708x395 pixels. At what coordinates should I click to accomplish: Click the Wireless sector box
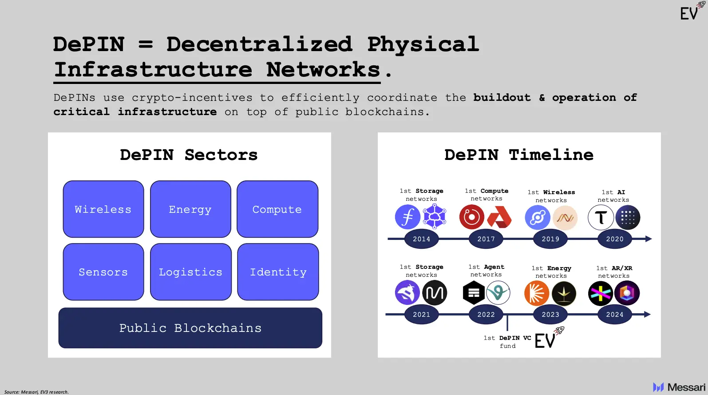(x=103, y=209)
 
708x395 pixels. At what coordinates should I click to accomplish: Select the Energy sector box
(x=190, y=209)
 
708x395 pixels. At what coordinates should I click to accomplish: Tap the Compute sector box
(x=277, y=209)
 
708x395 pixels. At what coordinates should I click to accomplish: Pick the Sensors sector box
(x=103, y=272)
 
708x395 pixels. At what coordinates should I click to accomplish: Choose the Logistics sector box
(x=191, y=272)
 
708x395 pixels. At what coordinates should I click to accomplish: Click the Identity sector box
(x=278, y=272)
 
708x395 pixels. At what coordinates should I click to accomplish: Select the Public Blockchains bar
(x=190, y=328)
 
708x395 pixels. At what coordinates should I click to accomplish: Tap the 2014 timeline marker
(x=421, y=239)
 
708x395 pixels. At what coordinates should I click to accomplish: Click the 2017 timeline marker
(x=486, y=239)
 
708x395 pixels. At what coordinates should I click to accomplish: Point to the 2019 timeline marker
(x=550, y=239)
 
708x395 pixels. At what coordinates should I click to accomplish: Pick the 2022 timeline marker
(x=486, y=315)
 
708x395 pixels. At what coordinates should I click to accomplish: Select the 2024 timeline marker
(x=615, y=315)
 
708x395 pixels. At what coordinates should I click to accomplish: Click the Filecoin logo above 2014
(x=407, y=217)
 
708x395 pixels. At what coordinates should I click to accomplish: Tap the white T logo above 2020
(x=601, y=218)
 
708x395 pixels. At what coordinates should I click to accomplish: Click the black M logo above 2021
(x=434, y=293)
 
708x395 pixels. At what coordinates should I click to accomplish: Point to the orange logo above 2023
(x=537, y=293)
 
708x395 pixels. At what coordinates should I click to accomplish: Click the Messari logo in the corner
(x=679, y=387)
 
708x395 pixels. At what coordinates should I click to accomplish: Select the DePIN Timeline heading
(x=519, y=155)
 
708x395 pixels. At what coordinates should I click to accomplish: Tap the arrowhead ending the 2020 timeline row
(x=649, y=239)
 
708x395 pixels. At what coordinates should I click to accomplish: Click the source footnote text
(x=36, y=392)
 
